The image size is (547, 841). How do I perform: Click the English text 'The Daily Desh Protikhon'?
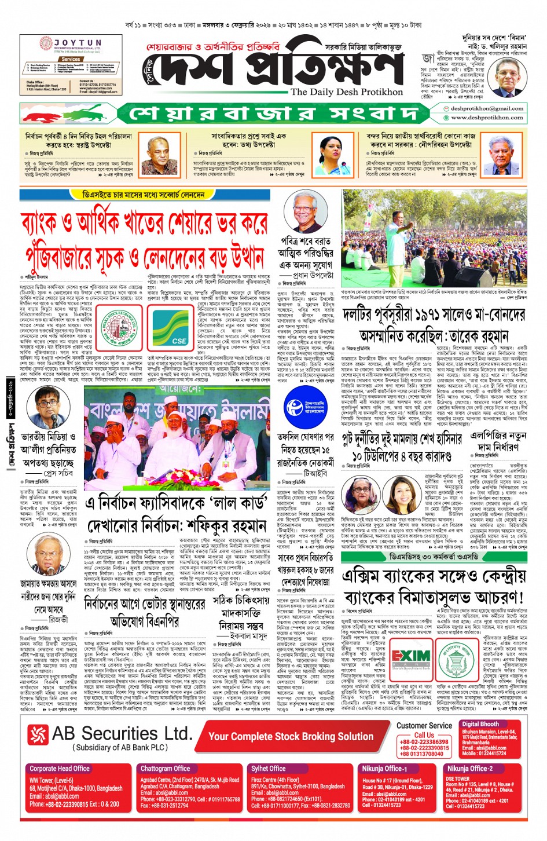pos(346,92)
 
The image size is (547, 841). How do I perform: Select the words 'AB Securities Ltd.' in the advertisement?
pos(121,734)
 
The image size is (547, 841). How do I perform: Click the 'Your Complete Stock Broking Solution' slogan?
pos(291,736)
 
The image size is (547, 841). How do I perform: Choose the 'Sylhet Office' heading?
pos(268,769)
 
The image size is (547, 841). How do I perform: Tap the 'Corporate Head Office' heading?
pos(60,769)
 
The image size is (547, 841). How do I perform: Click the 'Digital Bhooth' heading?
pos(480,724)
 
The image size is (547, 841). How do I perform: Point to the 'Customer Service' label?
pos(424,725)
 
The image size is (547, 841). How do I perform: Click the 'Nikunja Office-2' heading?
pos(469,769)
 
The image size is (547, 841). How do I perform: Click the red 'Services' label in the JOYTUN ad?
pos(71,59)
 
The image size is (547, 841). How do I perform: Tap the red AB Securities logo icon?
pos(38,735)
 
